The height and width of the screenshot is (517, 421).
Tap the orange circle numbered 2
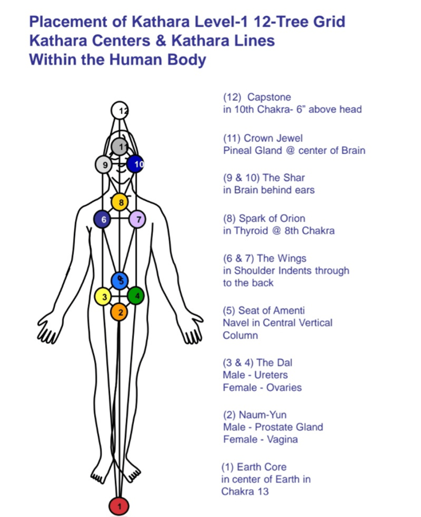tap(120, 312)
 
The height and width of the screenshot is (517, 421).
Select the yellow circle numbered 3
tap(104, 297)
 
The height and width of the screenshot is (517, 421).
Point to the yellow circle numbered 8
tap(120, 203)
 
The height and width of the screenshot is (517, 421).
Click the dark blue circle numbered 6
tap(103, 219)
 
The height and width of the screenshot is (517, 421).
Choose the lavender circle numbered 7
tap(137, 219)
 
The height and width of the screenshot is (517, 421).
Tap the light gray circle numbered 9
tap(104, 164)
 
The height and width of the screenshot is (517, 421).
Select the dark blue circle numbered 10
tap(136, 164)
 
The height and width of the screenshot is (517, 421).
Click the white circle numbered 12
tap(120, 110)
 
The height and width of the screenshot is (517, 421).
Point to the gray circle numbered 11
tap(120, 147)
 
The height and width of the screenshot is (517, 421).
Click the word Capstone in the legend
tap(269, 97)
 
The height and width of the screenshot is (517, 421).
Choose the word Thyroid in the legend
tap(251, 231)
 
